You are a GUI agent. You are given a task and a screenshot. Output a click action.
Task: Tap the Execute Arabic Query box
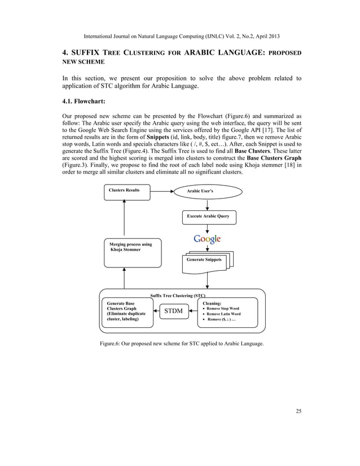(x=208, y=217)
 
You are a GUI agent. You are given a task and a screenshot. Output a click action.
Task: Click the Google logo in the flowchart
(x=207, y=239)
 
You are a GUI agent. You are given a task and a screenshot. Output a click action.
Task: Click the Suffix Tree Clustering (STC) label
(x=178, y=295)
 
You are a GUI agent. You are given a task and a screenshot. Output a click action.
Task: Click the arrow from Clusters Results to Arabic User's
(x=164, y=191)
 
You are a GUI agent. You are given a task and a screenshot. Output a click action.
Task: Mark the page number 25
(x=298, y=411)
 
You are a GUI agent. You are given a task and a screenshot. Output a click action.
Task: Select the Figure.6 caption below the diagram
(x=181, y=343)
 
